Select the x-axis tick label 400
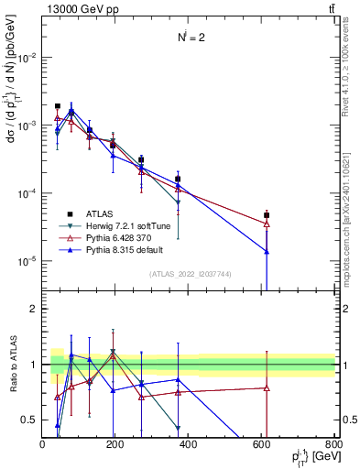tap(188, 444)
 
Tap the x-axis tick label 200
tap(115, 444)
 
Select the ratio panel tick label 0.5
tap(30, 420)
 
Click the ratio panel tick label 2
tap(35, 309)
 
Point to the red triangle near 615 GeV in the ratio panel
tap(267, 387)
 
